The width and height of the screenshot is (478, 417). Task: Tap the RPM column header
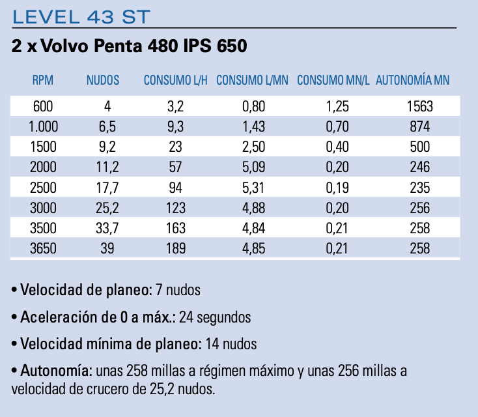tap(42, 81)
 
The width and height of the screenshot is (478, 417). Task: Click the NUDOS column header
tap(103, 81)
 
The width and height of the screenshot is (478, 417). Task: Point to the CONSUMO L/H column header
tap(176, 81)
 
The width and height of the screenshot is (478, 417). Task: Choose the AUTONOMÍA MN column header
tap(413, 81)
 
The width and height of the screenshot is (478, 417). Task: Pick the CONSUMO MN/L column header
tap(333, 81)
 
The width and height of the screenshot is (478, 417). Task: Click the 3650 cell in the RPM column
tap(42, 248)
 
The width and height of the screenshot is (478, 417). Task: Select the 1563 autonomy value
tap(420, 106)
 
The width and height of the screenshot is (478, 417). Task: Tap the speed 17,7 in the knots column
tap(107, 188)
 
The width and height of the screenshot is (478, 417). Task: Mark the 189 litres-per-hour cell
tap(175, 248)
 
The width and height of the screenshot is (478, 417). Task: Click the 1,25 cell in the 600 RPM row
tap(335, 106)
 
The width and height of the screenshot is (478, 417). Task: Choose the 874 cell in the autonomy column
tap(420, 126)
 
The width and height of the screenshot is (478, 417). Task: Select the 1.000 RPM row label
tap(44, 126)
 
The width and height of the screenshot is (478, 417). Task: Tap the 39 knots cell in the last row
tap(107, 248)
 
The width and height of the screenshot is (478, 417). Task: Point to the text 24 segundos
tap(215, 317)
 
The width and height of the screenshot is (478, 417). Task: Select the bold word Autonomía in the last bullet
tap(56, 371)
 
